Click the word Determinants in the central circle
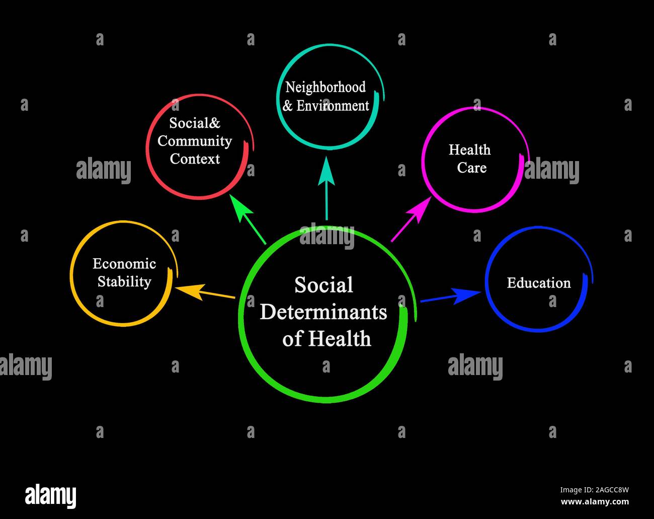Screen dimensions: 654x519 [x=323, y=312]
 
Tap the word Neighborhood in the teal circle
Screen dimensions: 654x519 [x=325, y=87]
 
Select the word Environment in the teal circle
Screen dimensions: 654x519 [x=333, y=106]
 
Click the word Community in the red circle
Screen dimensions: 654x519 [x=195, y=141]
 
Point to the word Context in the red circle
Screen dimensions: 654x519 [x=195, y=159]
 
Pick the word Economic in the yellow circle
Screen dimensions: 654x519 [x=124, y=263]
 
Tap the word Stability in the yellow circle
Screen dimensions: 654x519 [x=124, y=282]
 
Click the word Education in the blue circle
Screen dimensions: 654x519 [x=538, y=282]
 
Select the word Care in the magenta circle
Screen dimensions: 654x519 [x=472, y=168]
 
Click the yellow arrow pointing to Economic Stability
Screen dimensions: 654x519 [x=205, y=292]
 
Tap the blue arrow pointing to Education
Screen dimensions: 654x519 [x=451, y=296]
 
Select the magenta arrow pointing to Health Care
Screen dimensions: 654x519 [x=411, y=219]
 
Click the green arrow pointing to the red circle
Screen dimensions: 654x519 [x=248, y=219]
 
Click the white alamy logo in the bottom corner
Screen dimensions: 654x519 [x=50, y=496]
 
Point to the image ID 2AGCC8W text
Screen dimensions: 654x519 [x=595, y=490]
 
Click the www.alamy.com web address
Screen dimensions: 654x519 [x=595, y=502]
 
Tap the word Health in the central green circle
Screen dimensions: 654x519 [x=340, y=338]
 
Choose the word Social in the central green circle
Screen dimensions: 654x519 [x=323, y=285]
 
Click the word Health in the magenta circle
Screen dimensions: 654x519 [x=470, y=150]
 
